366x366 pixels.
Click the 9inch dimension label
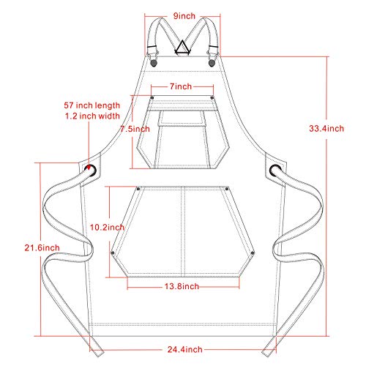tap(184, 16)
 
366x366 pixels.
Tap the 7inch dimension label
tap(181, 86)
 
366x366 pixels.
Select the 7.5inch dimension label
tap(135, 129)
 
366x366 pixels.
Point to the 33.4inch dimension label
tap(326, 128)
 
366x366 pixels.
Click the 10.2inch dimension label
tap(107, 228)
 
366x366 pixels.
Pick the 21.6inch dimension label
tap(42, 248)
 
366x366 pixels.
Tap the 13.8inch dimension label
tap(182, 286)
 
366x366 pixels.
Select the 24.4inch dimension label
tap(184, 349)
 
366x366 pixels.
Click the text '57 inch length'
tap(92, 105)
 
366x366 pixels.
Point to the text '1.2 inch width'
tap(92, 116)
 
